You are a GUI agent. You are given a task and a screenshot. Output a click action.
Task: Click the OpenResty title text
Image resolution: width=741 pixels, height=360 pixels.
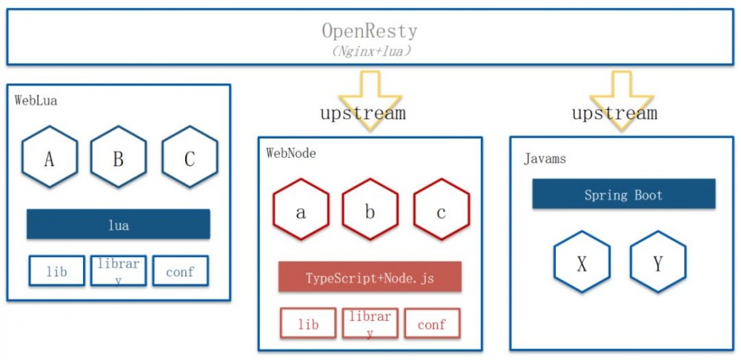click(x=369, y=31)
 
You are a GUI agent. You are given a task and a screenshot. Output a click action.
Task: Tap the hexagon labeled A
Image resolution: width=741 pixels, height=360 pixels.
click(x=50, y=157)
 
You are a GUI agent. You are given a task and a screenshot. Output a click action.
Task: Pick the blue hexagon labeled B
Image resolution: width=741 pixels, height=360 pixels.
click(x=119, y=157)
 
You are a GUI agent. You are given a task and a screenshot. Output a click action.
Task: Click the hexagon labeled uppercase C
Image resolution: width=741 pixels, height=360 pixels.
click(x=189, y=157)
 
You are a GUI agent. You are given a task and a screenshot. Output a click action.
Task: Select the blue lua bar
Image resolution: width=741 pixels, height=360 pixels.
click(x=118, y=224)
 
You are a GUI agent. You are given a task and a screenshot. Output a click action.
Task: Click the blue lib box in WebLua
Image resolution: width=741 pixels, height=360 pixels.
click(x=56, y=271)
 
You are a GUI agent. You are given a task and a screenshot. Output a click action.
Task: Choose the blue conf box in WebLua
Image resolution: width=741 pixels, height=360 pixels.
click(x=180, y=271)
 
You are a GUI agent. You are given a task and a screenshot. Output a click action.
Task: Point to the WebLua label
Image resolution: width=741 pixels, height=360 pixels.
click(x=36, y=101)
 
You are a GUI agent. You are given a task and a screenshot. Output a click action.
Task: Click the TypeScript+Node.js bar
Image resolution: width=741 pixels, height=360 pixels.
click(x=370, y=277)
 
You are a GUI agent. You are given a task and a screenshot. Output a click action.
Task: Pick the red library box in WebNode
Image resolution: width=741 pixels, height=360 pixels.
click(x=370, y=324)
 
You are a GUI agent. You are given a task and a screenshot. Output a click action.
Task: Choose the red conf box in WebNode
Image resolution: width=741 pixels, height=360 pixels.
click(x=432, y=324)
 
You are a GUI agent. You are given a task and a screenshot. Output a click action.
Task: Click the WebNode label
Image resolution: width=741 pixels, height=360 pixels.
click(x=290, y=153)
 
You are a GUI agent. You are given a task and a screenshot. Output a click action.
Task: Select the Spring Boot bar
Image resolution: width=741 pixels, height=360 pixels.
click(x=623, y=194)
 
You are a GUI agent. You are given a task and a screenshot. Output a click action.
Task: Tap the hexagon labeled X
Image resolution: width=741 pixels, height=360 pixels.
click(x=582, y=262)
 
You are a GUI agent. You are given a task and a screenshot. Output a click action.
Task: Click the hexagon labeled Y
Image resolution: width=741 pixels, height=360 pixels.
click(x=658, y=262)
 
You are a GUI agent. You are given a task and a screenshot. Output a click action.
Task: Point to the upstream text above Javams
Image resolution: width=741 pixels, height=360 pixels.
click(x=614, y=113)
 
